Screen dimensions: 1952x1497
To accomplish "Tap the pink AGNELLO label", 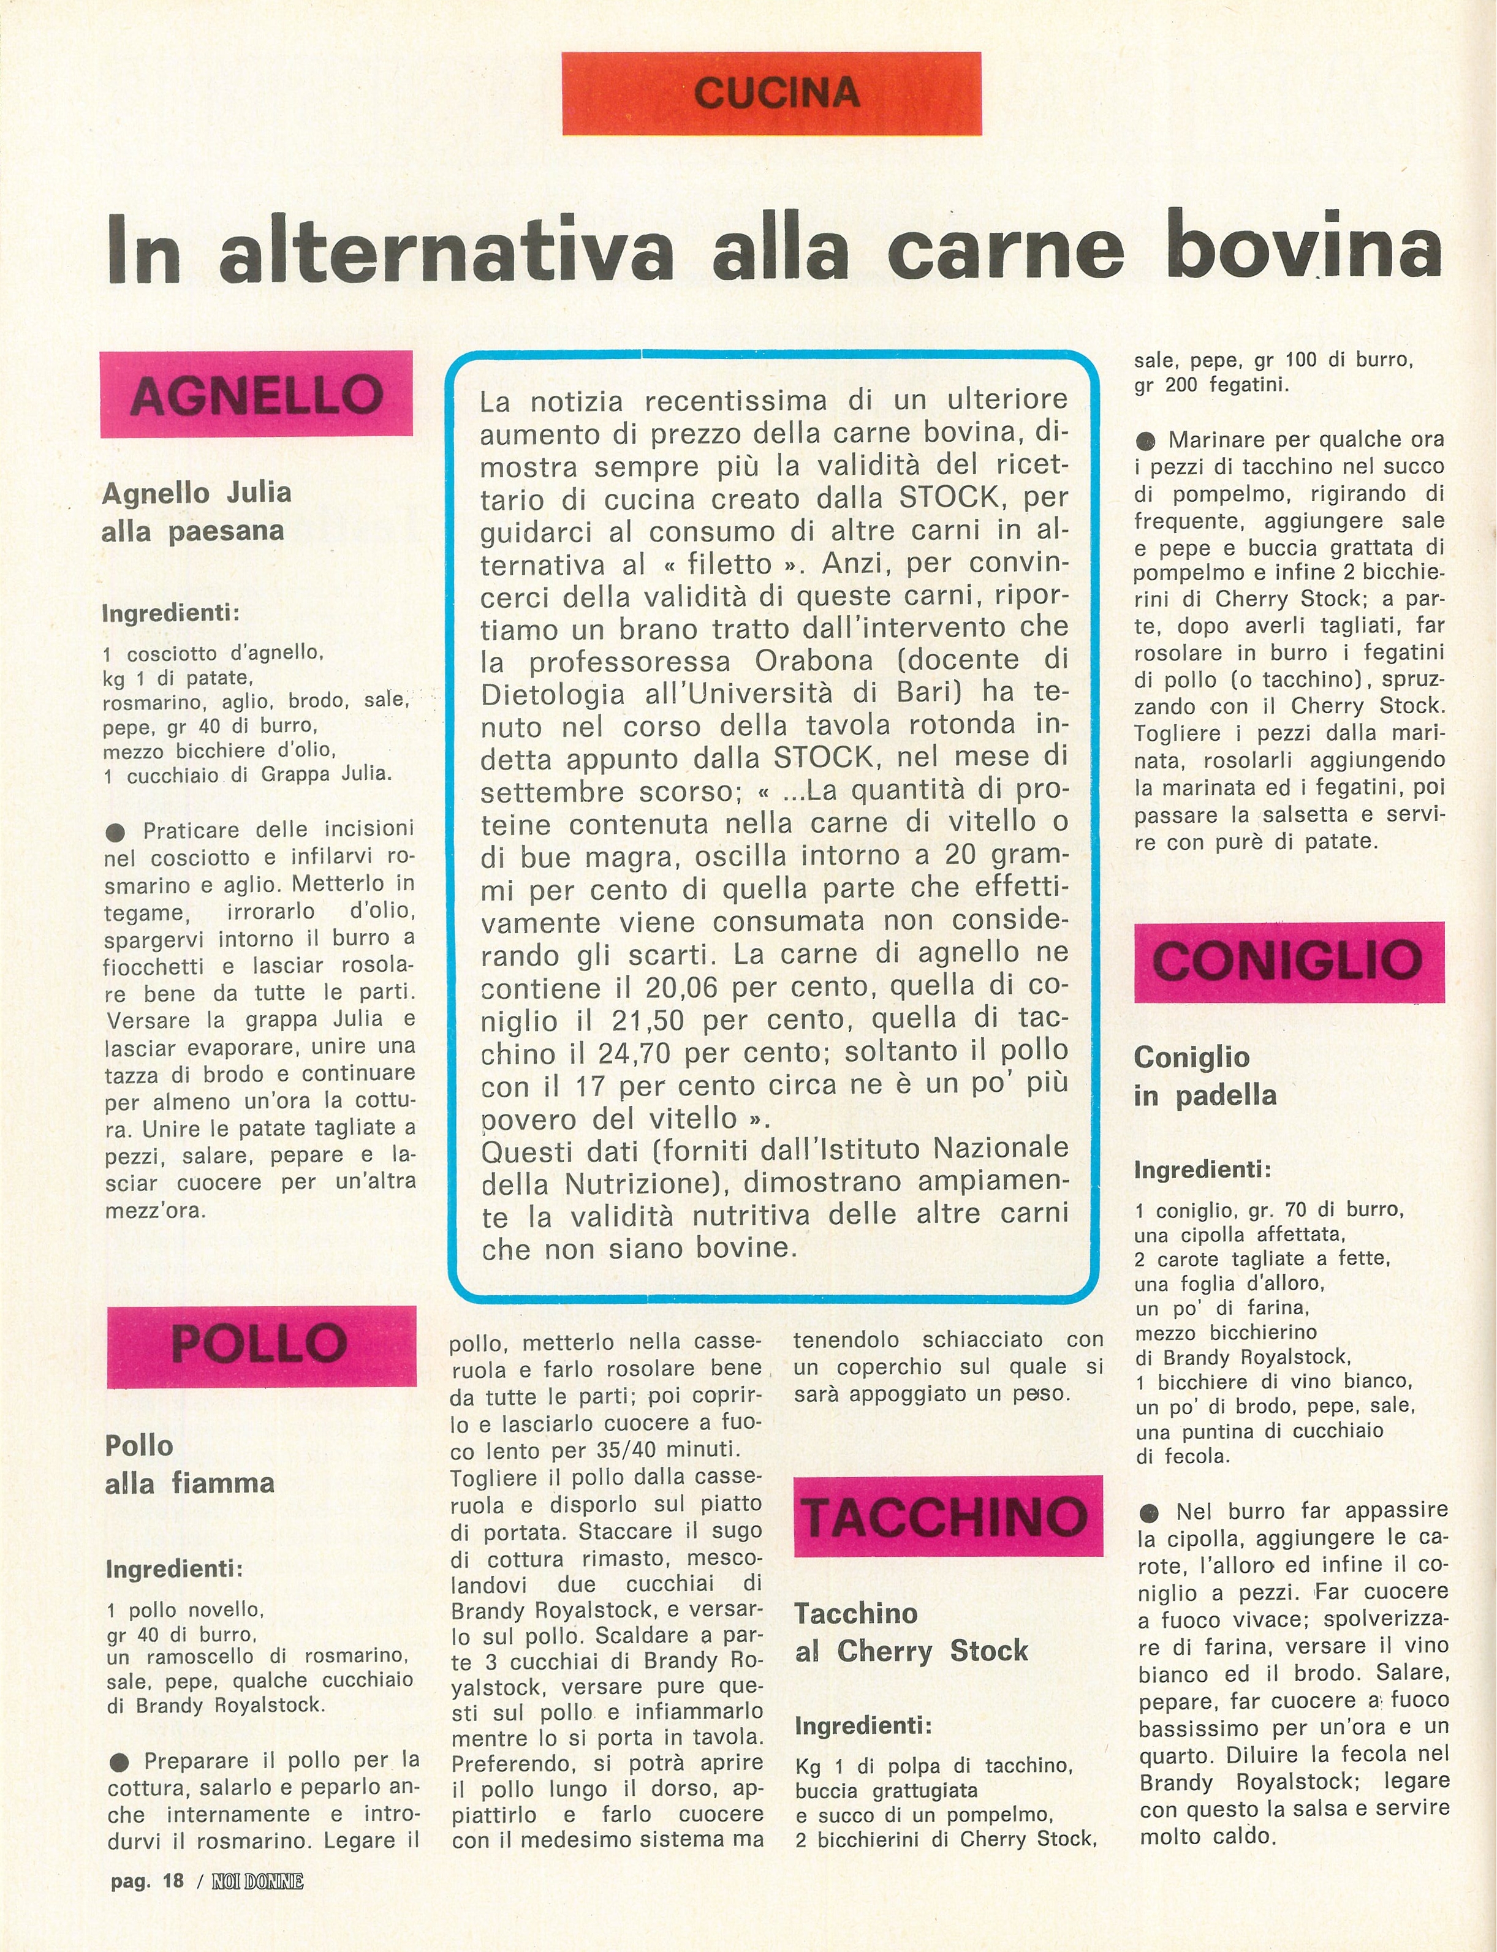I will click(x=257, y=395).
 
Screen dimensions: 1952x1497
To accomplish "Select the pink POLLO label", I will click(x=260, y=1345).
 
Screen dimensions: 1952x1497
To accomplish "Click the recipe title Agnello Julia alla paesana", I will click(x=196, y=512).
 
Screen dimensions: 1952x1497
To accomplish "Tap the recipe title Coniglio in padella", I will click(x=1204, y=1075).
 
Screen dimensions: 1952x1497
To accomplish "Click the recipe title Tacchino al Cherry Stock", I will click(x=911, y=1632).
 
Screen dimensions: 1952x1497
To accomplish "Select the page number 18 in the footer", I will click(x=173, y=1881).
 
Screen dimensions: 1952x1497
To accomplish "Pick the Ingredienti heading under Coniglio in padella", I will click(x=1203, y=1170).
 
